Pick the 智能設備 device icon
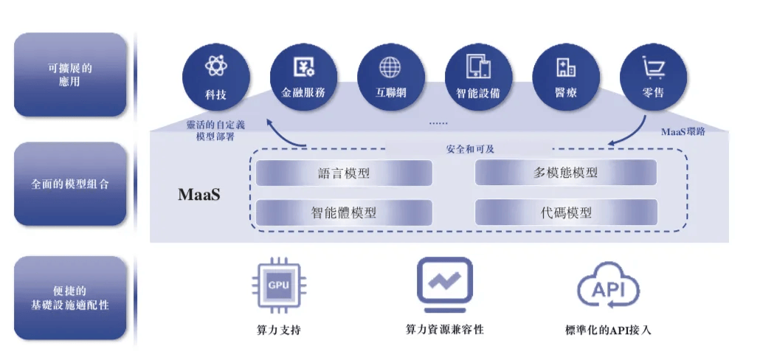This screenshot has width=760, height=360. coord(478,67)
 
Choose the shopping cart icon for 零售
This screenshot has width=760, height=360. coord(653,68)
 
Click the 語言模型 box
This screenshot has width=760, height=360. coord(343,174)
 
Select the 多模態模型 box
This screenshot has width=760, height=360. coord(565,173)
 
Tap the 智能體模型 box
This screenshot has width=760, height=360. coord(343,212)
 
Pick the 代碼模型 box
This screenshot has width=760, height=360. coord(565,212)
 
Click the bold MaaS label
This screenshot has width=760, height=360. coord(199,195)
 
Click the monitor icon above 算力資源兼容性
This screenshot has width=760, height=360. coord(444,284)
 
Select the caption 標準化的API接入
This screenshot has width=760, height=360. coord(608,330)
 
